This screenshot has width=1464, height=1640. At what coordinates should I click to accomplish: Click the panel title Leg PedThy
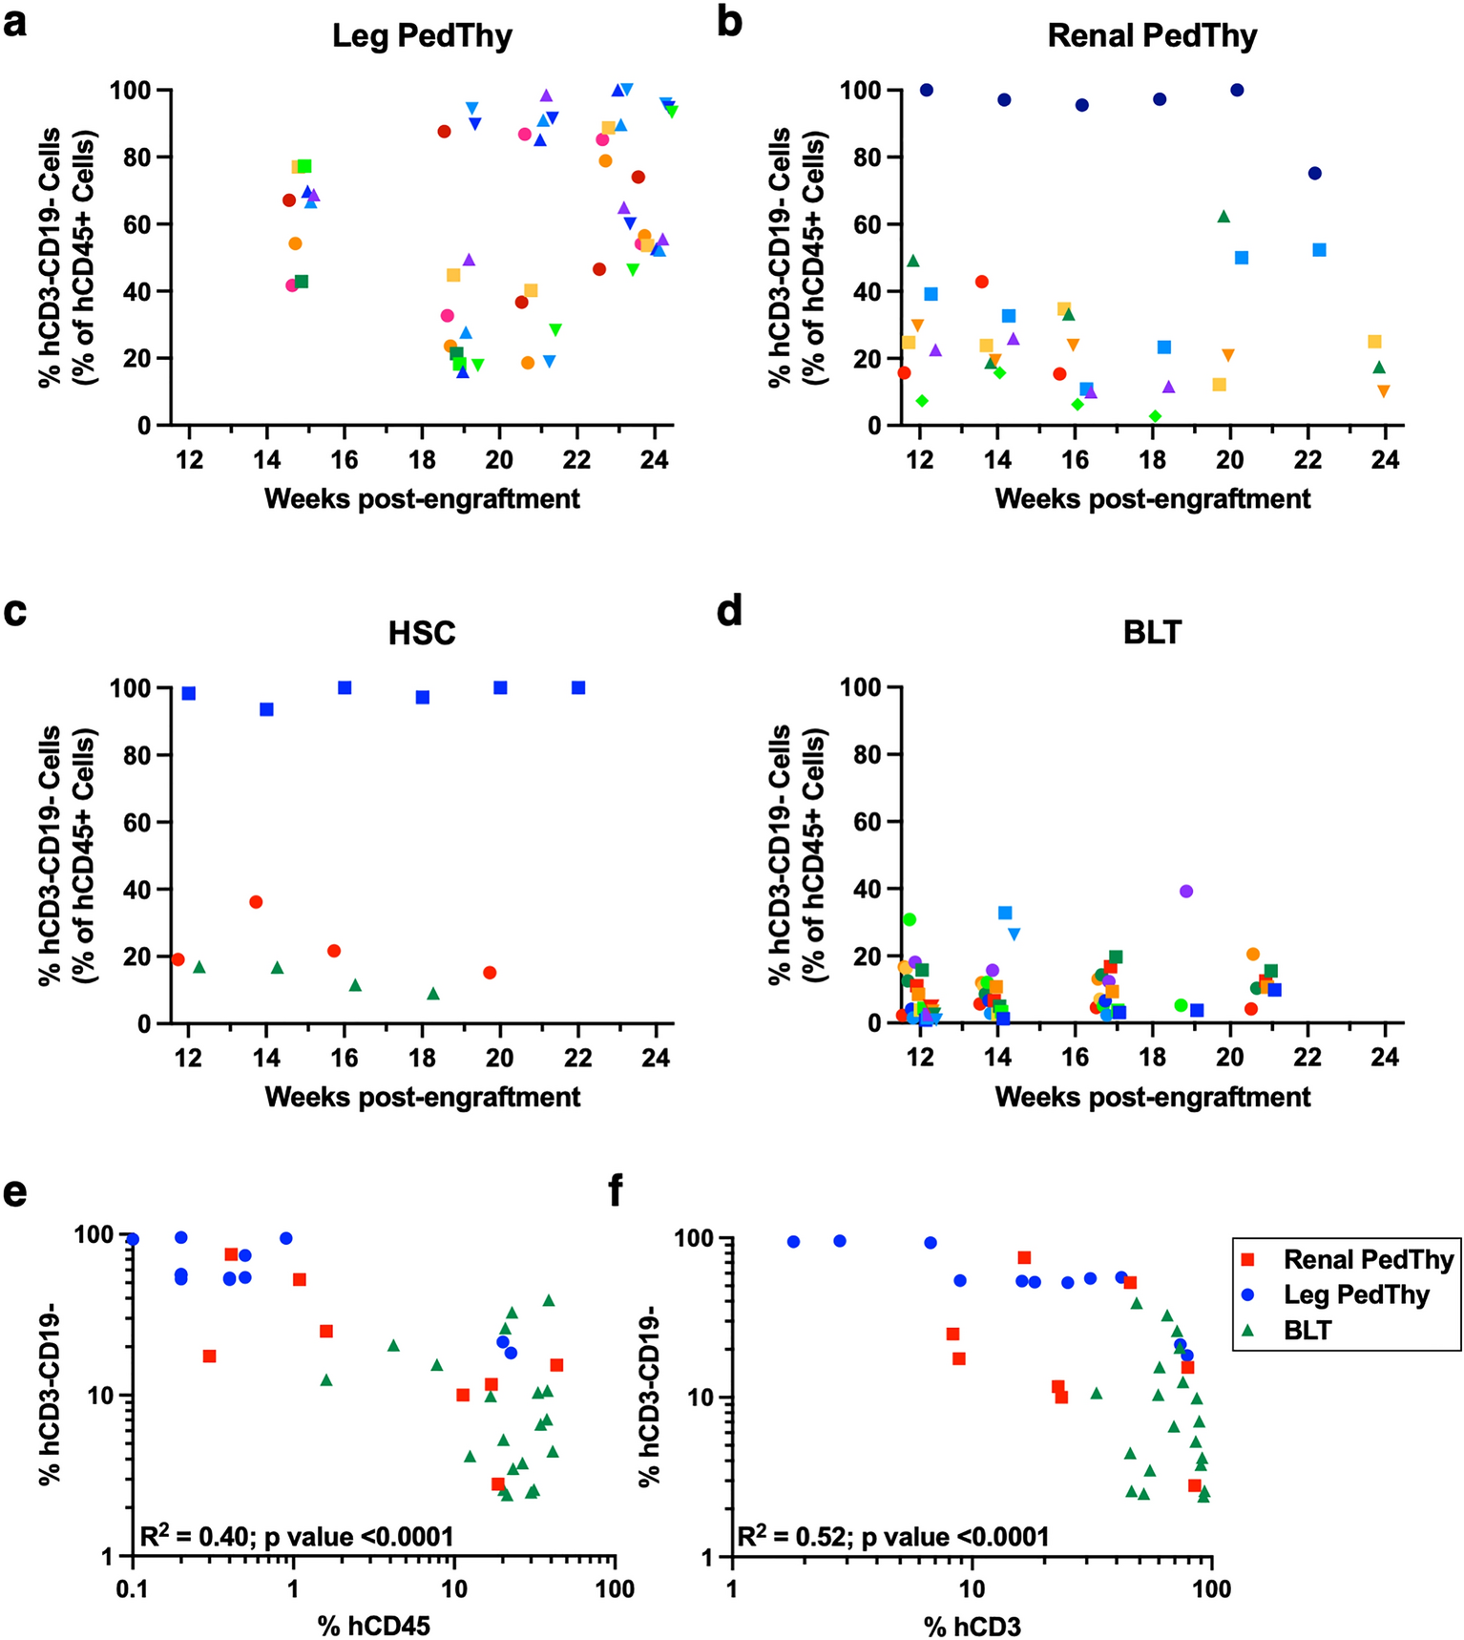click(x=422, y=36)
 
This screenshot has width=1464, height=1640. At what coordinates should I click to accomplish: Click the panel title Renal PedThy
click(x=1152, y=36)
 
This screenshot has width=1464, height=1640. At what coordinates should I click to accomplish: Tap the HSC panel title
click(x=422, y=633)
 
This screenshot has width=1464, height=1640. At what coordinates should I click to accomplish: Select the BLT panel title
click(x=1152, y=632)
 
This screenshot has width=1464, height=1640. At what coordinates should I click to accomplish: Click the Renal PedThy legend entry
click(x=1368, y=1259)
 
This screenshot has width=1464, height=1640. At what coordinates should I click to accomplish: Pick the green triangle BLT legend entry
click(x=1307, y=1330)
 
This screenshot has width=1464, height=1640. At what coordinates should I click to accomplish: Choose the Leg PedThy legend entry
click(x=1354, y=1294)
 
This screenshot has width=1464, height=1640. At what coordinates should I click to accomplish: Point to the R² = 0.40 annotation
click(x=296, y=1536)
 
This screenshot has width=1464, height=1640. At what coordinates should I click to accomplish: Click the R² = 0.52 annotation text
click(x=893, y=1536)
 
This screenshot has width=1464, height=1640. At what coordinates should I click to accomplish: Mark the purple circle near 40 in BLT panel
click(x=1186, y=891)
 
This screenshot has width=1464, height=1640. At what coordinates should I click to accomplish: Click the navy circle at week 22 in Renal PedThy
click(x=1314, y=173)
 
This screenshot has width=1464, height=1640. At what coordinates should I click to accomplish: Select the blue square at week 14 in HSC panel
click(x=266, y=709)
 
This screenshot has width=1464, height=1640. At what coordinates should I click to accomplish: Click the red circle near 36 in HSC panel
click(x=256, y=901)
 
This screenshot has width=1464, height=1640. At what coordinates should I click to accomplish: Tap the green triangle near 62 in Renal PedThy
click(x=1223, y=217)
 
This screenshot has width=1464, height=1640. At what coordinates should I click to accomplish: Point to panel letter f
click(x=616, y=1190)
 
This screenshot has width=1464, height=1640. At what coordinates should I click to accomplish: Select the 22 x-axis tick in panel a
click(x=576, y=459)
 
